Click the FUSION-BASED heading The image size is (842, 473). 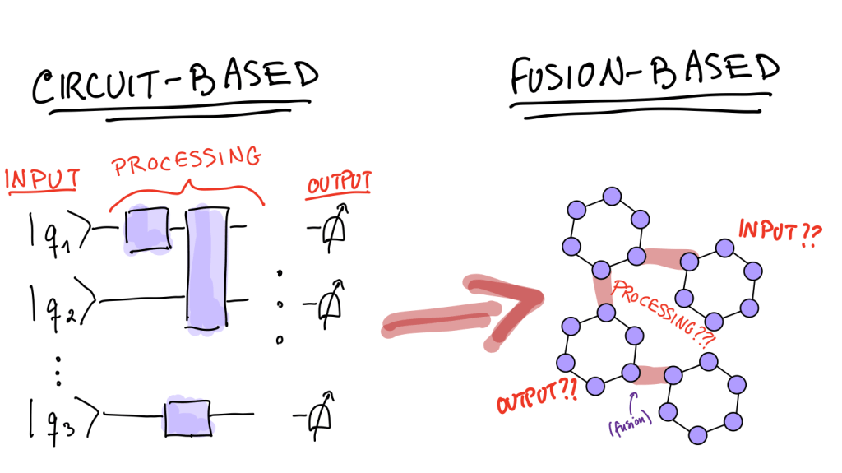click(x=643, y=77)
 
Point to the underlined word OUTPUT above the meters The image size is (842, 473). click(x=339, y=183)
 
